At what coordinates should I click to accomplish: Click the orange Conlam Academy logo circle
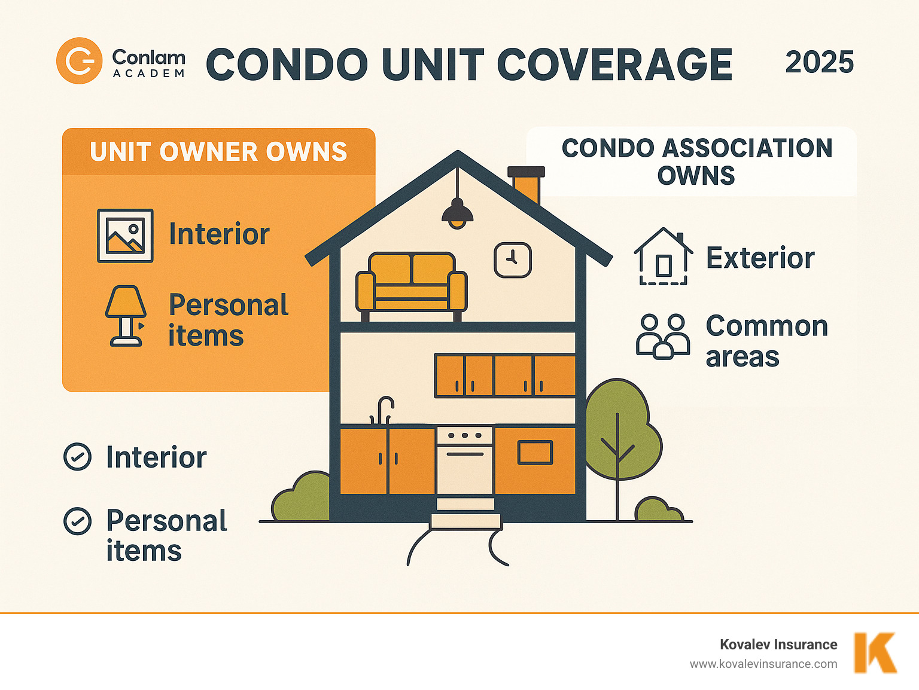click(79, 61)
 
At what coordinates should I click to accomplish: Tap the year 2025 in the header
click(819, 62)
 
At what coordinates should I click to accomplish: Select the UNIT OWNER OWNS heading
click(218, 152)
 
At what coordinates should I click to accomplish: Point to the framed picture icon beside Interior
click(125, 236)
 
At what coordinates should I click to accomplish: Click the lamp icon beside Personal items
click(126, 316)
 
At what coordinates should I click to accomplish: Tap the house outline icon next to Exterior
click(663, 257)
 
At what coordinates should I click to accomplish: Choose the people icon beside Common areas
click(662, 336)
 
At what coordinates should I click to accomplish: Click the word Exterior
click(760, 258)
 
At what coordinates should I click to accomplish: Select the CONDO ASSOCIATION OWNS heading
click(696, 161)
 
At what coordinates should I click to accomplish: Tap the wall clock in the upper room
click(512, 260)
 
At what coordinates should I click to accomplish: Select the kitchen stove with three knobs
click(465, 459)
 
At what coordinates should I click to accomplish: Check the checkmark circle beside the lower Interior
click(78, 457)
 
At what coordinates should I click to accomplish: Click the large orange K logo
click(875, 652)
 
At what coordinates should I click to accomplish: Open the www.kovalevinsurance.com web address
click(763, 664)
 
